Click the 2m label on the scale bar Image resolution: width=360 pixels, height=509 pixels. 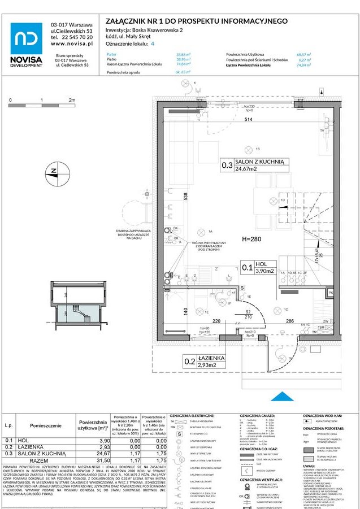[x=72, y=99]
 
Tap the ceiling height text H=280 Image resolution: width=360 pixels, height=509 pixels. [x=254, y=238]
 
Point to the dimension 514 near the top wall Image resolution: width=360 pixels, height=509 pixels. [x=248, y=119]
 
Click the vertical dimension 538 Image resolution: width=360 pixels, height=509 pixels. [x=185, y=198]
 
